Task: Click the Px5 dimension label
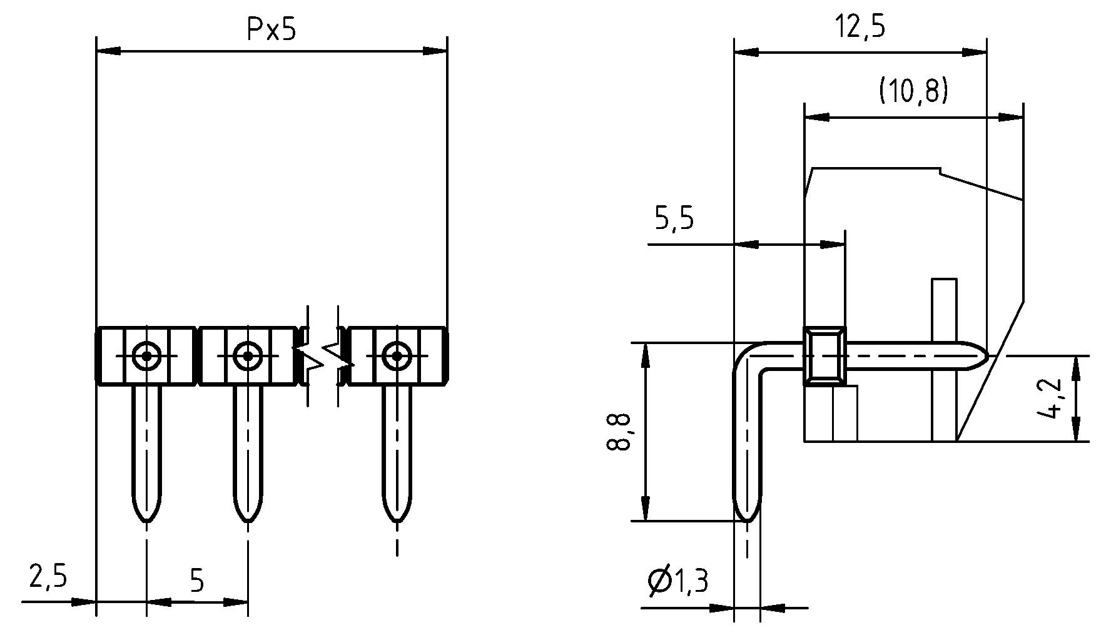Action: point(271,29)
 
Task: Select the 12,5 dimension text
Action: point(861,28)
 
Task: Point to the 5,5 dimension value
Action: point(674,219)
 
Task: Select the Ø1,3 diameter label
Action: point(678,582)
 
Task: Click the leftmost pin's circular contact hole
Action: point(146,356)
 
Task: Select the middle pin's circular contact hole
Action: point(248,356)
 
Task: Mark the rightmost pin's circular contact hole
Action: point(397,356)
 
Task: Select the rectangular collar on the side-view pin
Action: point(824,355)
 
